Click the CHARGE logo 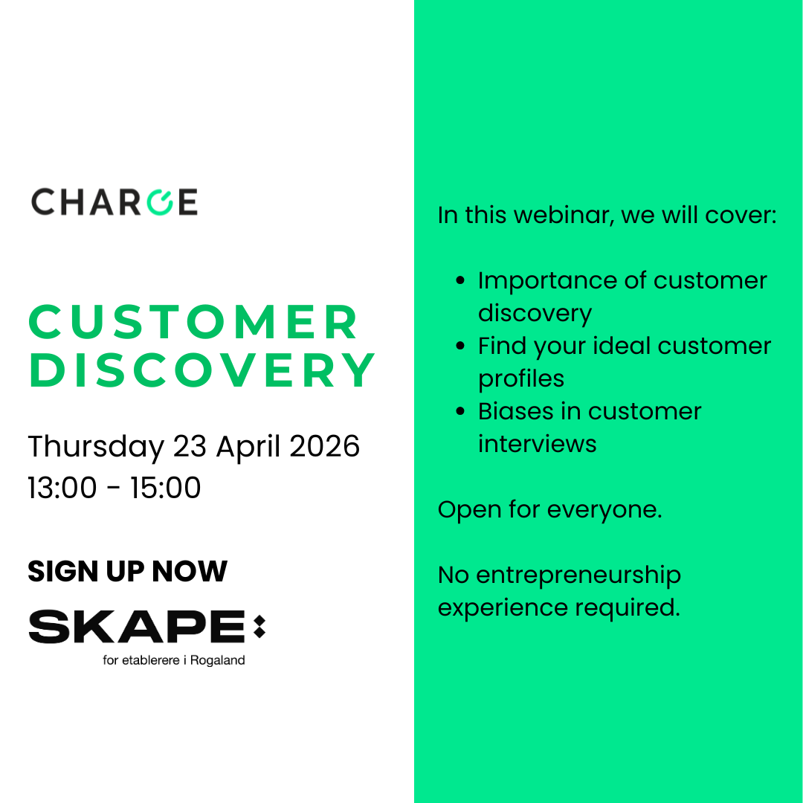click(115, 202)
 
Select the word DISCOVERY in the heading click(202, 370)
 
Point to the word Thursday click(96, 447)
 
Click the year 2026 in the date click(325, 447)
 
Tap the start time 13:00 click(62, 488)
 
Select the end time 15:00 click(165, 488)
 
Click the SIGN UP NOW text click(127, 571)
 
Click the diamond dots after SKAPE click(259, 626)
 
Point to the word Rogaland click(217, 660)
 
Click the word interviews click(537, 444)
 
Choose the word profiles click(520, 379)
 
